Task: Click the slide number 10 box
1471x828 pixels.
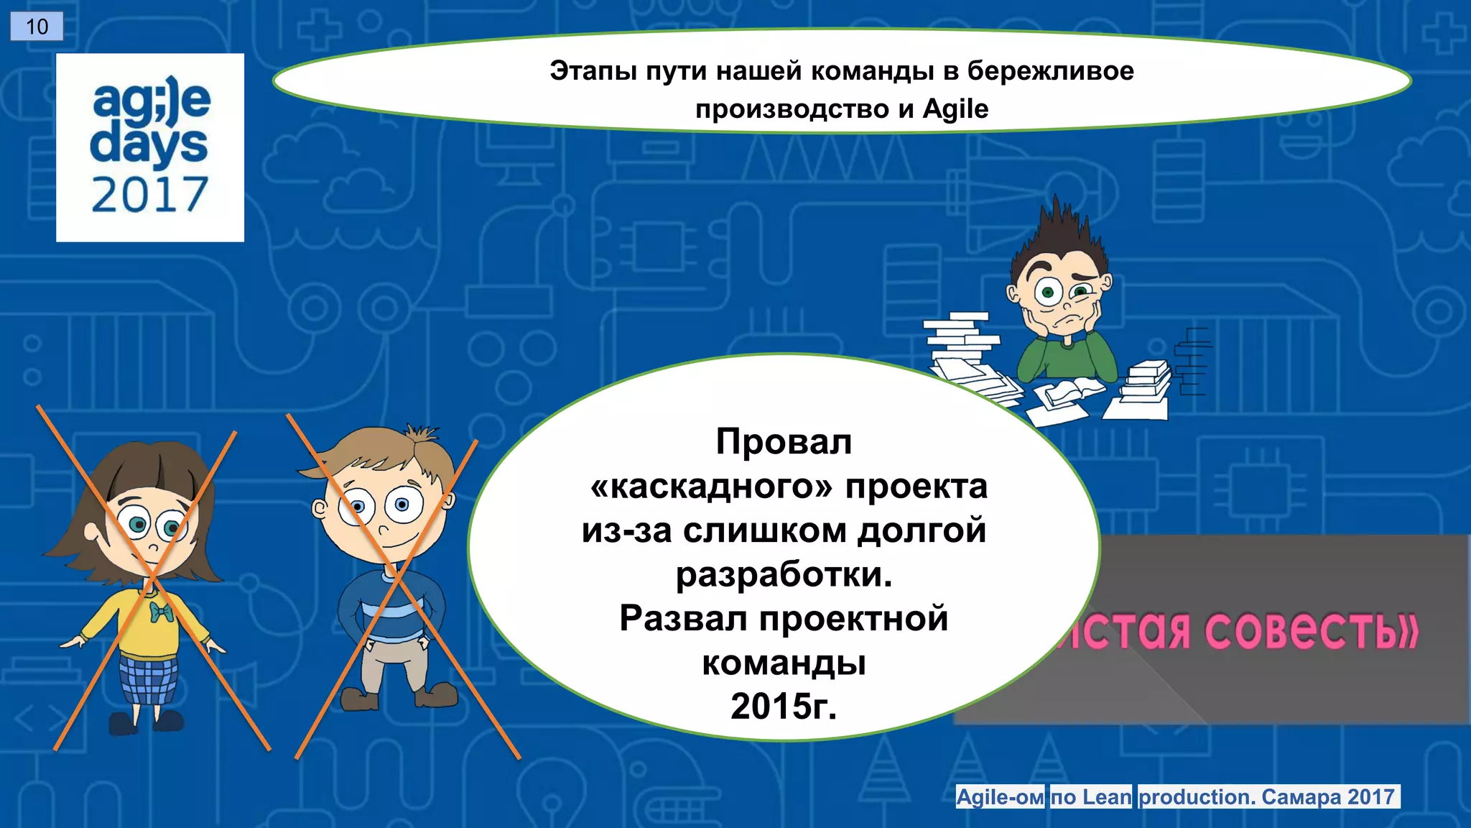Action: coord(37,27)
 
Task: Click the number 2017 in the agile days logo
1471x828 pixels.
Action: coord(149,195)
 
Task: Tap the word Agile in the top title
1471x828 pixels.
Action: coord(955,109)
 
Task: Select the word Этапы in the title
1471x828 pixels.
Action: coord(593,71)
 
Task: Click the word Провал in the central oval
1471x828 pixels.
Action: coord(784,441)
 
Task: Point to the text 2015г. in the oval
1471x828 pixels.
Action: coord(784,706)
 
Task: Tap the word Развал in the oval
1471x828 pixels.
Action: coord(683,618)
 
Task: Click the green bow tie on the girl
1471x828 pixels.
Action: coord(162,612)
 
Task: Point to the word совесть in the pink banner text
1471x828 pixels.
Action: coord(1311,631)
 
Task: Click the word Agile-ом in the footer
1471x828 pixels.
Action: coord(1001,797)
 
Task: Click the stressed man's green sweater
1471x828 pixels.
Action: coord(1067,359)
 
